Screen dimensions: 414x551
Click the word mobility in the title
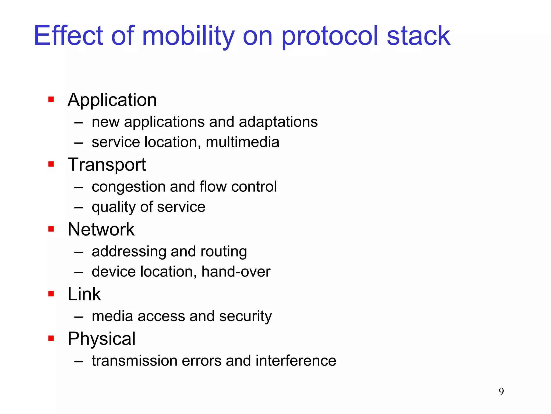tap(188, 36)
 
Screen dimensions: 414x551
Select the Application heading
tap(112, 100)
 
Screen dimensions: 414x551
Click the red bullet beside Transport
tap(51, 164)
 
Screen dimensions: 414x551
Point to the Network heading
tap(101, 229)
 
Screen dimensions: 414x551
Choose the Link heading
tap(84, 294)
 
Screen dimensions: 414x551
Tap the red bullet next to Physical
tap(51, 338)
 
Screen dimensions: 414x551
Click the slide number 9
tap(501, 391)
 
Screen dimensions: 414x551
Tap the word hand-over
tap(236, 272)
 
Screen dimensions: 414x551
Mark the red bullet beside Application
tap(51, 100)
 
